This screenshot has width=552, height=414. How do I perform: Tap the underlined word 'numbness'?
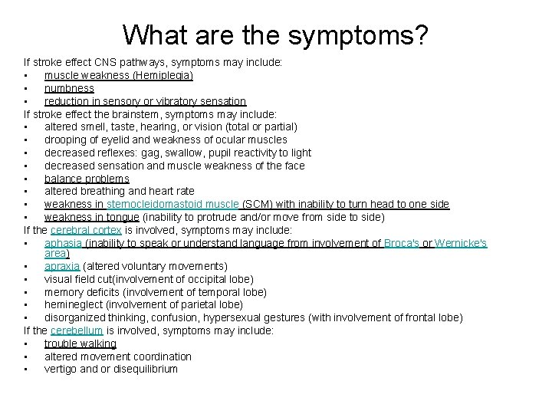point(69,89)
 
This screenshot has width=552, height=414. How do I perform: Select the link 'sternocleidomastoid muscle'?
point(173,204)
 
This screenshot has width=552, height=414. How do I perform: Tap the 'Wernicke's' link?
point(461,243)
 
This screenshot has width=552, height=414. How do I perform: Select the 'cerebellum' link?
point(77,330)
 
